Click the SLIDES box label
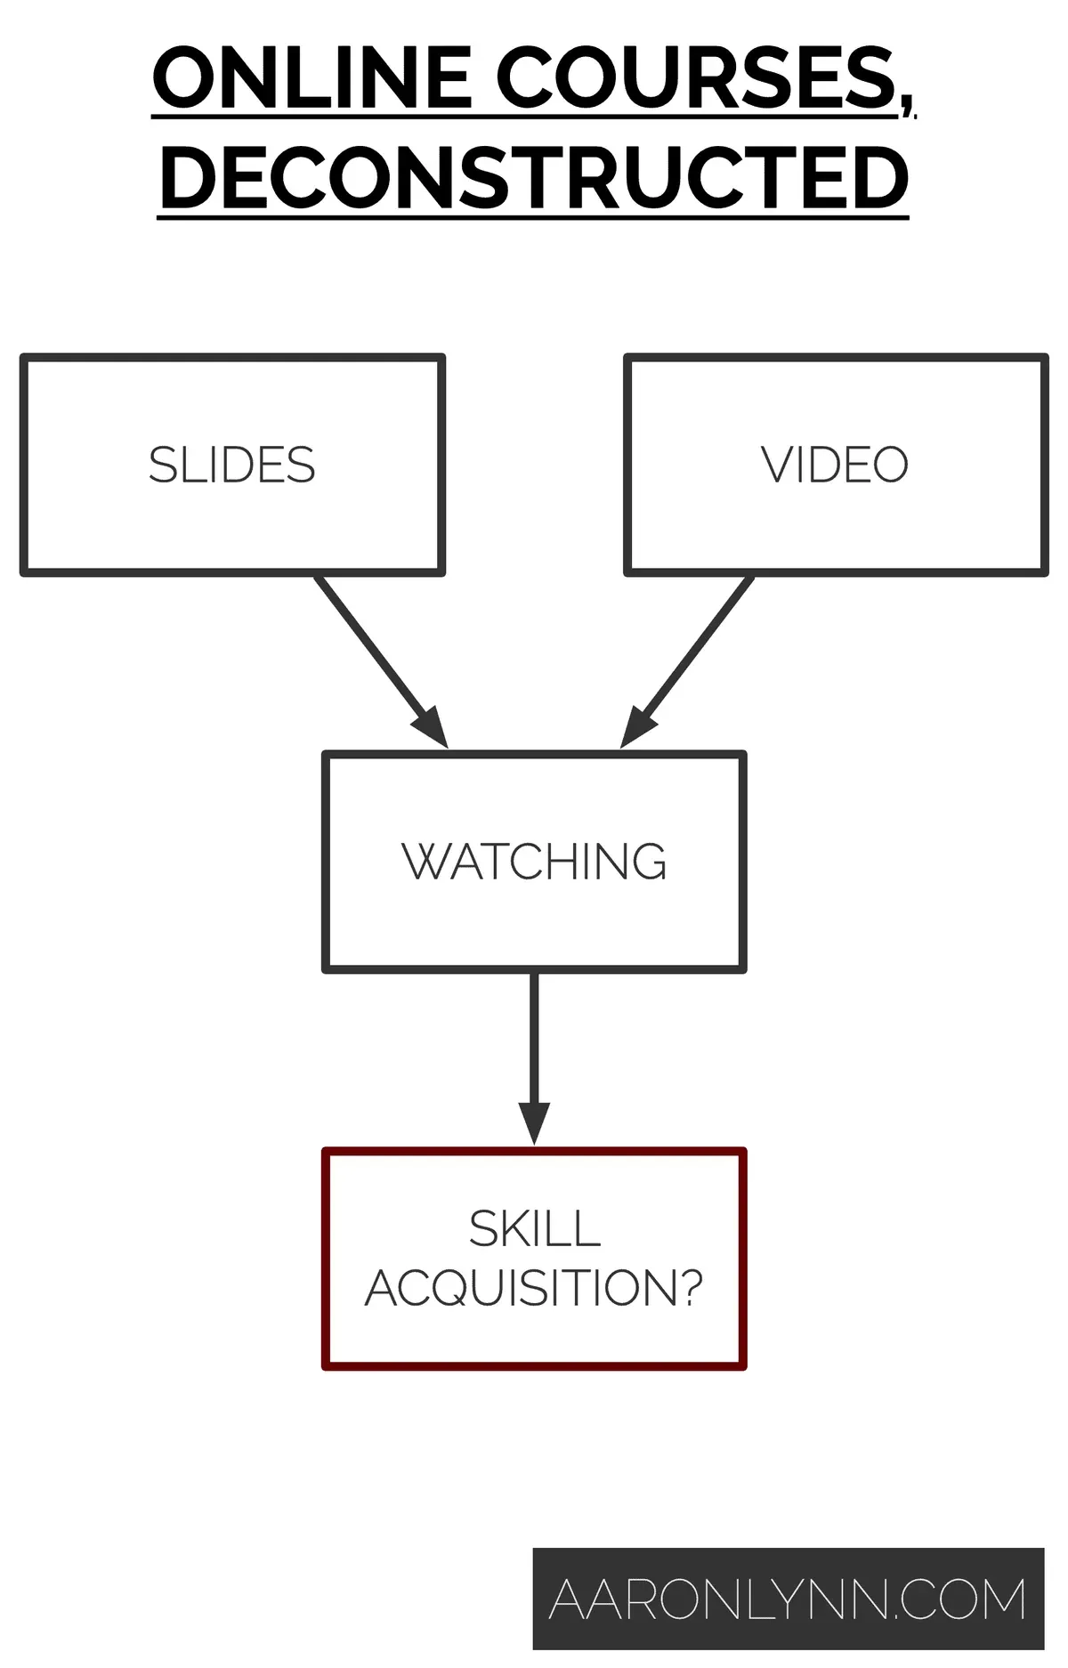(231, 466)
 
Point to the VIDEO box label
(835, 466)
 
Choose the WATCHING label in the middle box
(534, 862)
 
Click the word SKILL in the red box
(534, 1229)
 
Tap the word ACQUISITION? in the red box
(534, 1288)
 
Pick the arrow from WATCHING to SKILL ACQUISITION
(534, 1041)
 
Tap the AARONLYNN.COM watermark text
(788, 1599)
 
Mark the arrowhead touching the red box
(534, 1123)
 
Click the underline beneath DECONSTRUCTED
(534, 216)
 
